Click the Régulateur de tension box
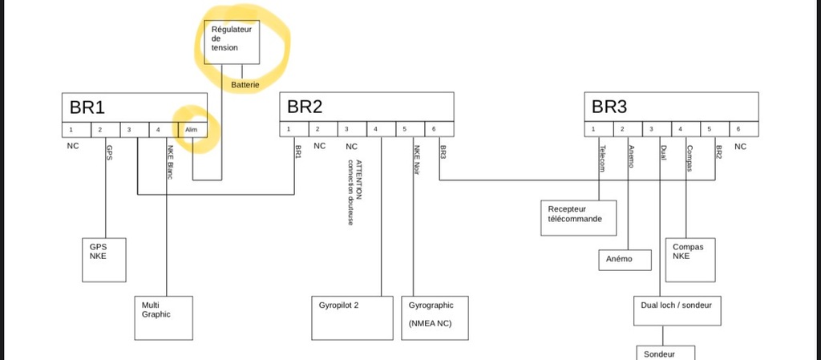point(232,42)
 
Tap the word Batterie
point(245,84)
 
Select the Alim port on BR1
point(192,130)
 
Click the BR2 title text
point(304,107)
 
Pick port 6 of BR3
point(743,129)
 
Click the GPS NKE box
point(103,260)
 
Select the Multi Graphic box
point(164,318)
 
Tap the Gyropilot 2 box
point(352,318)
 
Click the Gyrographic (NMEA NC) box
point(435,318)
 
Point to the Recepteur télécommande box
point(579,217)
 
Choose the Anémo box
point(625,260)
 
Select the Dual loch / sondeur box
point(677,311)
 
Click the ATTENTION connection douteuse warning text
point(354,192)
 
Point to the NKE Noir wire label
point(417,160)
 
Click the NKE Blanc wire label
point(170,162)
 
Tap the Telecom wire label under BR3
point(602,159)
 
